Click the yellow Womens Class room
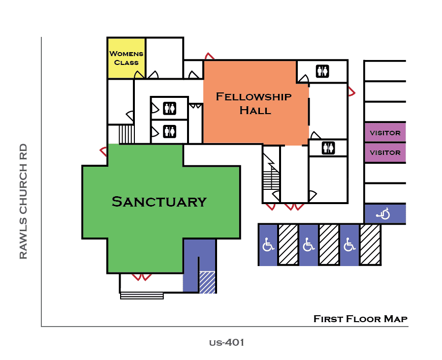(x=126, y=58)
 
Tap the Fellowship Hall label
(x=253, y=103)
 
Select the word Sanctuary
(x=158, y=202)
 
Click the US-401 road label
(x=226, y=342)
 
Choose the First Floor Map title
(x=360, y=319)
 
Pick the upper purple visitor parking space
(x=385, y=133)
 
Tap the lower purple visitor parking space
(x=385, y=152)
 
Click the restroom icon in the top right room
(x=322, y=71)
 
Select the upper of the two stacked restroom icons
(x=169, y=108)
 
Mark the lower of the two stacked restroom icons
(x=169, y=131)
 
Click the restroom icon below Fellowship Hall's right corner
(x=328, y=148)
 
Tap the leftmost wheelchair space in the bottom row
(x=268, y=245)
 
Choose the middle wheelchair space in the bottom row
(x=308, y=245)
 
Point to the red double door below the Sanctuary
(x=141, y=277)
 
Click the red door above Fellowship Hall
(x=209, y=57)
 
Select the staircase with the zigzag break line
(x=270, y=177)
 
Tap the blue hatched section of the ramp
(x=207, y=282)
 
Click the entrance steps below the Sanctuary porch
(x=142, y=296)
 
